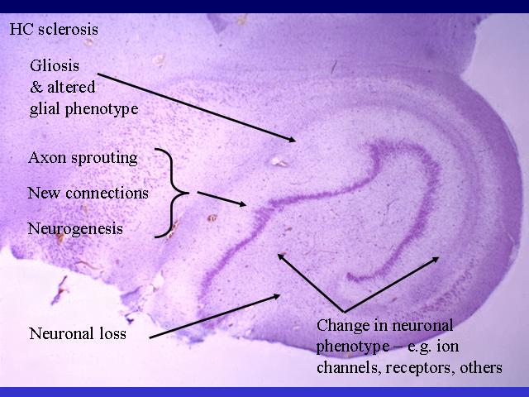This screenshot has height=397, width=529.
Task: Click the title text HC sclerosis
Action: click(x=54, y=29)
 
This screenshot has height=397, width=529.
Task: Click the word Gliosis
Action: click(x=55, y=65)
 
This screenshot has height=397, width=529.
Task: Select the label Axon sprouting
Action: click(x=83, y=158)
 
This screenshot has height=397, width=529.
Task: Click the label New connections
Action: click(x=88, y=193)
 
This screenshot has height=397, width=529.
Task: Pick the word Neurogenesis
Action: click(x=75, y=229)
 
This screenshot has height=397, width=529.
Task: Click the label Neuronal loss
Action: click(x=78, y=333)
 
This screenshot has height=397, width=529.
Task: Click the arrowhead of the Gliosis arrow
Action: click(x=292, y=139)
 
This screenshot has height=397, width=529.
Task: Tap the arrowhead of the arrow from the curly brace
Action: click(x=242, y=203)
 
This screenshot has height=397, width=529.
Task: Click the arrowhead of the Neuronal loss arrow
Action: click(x=276, y=297)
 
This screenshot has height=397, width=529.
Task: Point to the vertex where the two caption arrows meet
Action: click(x=344, y=311)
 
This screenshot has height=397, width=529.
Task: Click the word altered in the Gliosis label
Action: click(x=71, y=87)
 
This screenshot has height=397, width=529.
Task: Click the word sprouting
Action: click(x=108, y=159)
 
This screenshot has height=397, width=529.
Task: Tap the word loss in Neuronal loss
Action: click(x=113, y=333)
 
